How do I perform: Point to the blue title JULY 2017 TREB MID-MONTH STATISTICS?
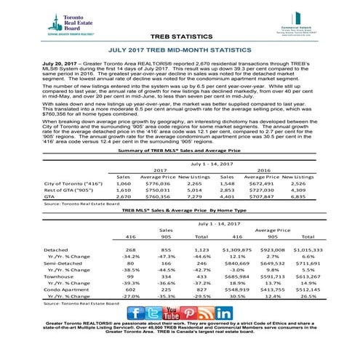coord(180,52)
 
